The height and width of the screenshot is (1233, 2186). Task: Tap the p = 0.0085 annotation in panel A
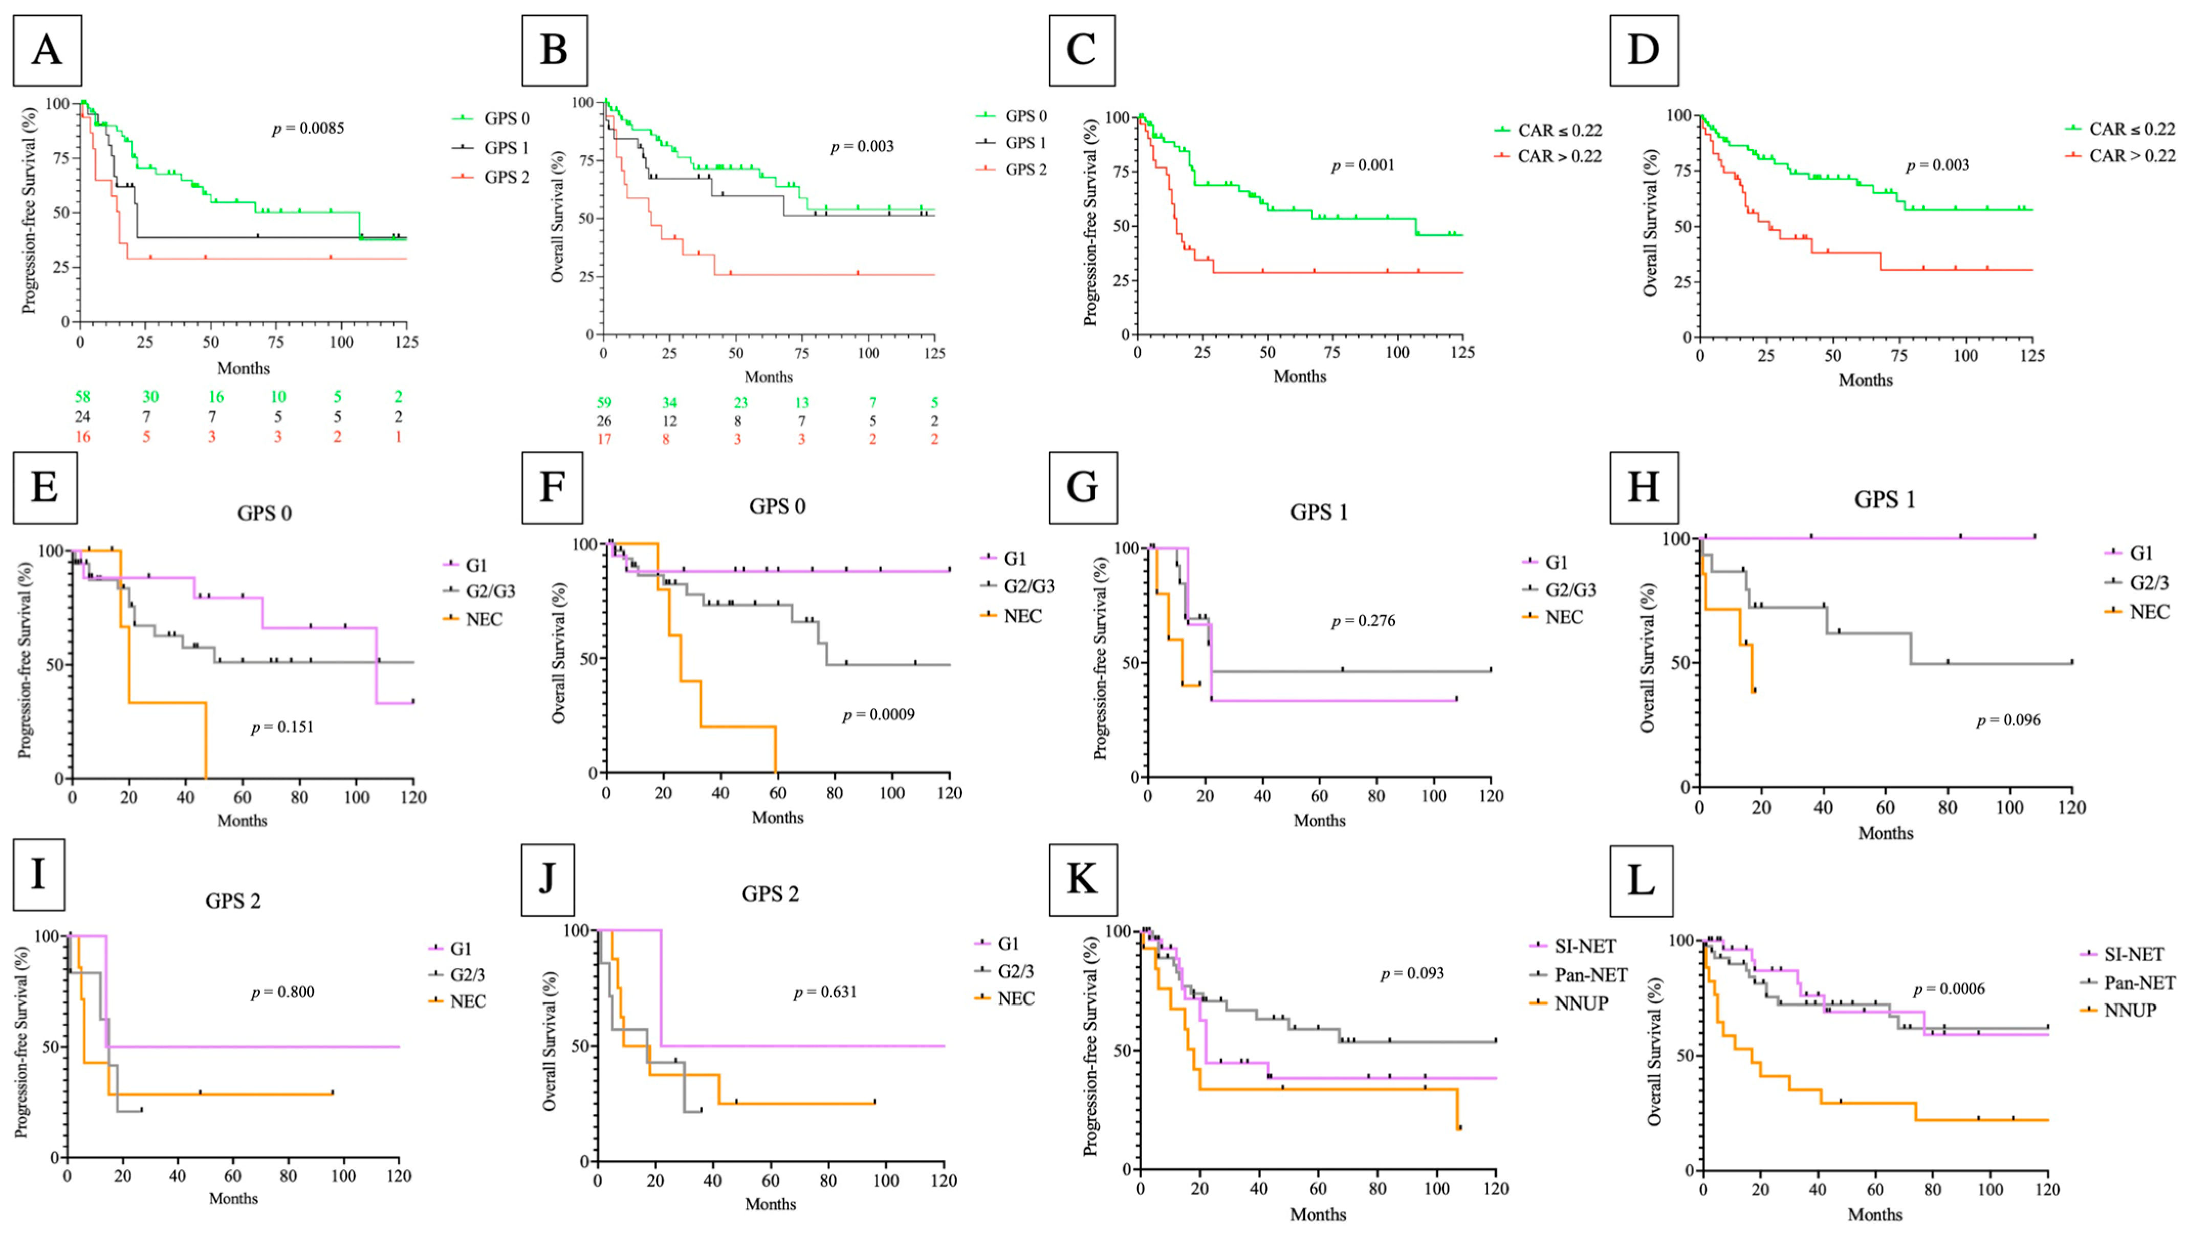click(308, 129)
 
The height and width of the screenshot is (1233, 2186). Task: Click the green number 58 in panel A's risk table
click(82, 396)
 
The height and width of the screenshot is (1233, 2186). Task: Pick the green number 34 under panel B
click(669, 402)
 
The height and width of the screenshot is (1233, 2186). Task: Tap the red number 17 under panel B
click(603, 439)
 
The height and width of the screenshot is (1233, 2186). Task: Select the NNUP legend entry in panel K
click(1580, 1003)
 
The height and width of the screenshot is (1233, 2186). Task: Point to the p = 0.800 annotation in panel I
click(282, 992)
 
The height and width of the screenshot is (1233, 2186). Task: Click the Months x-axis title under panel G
click(1319, 820)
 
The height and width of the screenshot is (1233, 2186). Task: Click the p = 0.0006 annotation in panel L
click(1949, 989)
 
